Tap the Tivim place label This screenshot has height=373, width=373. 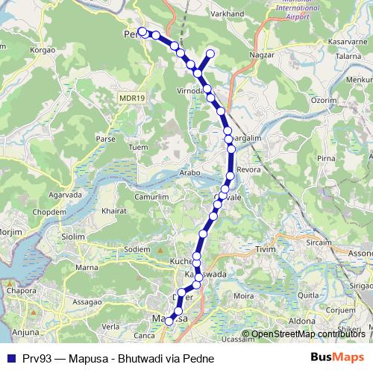266,248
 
